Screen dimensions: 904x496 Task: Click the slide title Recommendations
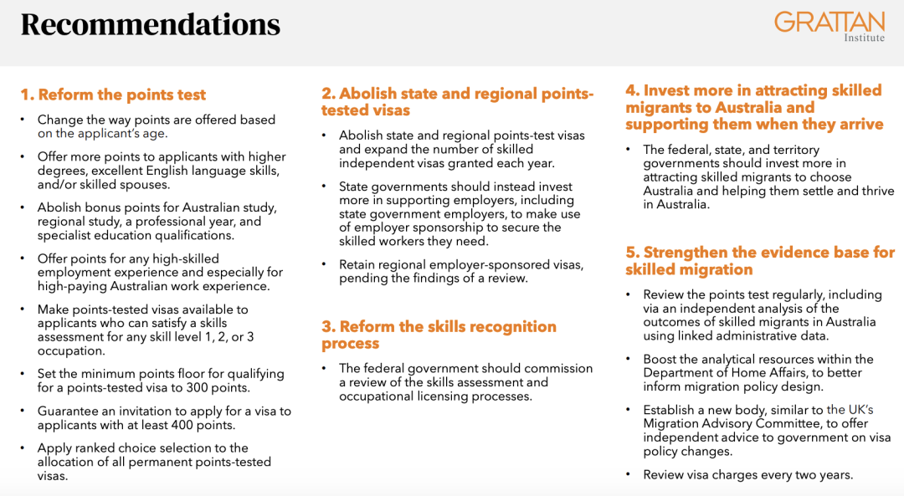(151, 25)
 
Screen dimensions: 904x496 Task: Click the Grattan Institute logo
(829, 27)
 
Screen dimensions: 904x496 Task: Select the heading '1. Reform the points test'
(113, 95)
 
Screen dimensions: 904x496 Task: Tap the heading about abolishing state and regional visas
(457, 101)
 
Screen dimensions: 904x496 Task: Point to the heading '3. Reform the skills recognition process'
(439, 335)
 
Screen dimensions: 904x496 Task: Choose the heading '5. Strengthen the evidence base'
(760, 260)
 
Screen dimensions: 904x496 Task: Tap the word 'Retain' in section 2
(357, 264)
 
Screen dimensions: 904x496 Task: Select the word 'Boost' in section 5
(660, 359)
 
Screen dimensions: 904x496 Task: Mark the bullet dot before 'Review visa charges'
(628, 474)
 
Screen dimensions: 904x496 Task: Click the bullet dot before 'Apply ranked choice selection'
(23, 447)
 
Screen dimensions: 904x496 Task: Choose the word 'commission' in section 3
(561, 368)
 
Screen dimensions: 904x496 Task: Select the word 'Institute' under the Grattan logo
(864, 38)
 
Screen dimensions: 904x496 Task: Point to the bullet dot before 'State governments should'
(324, 186)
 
